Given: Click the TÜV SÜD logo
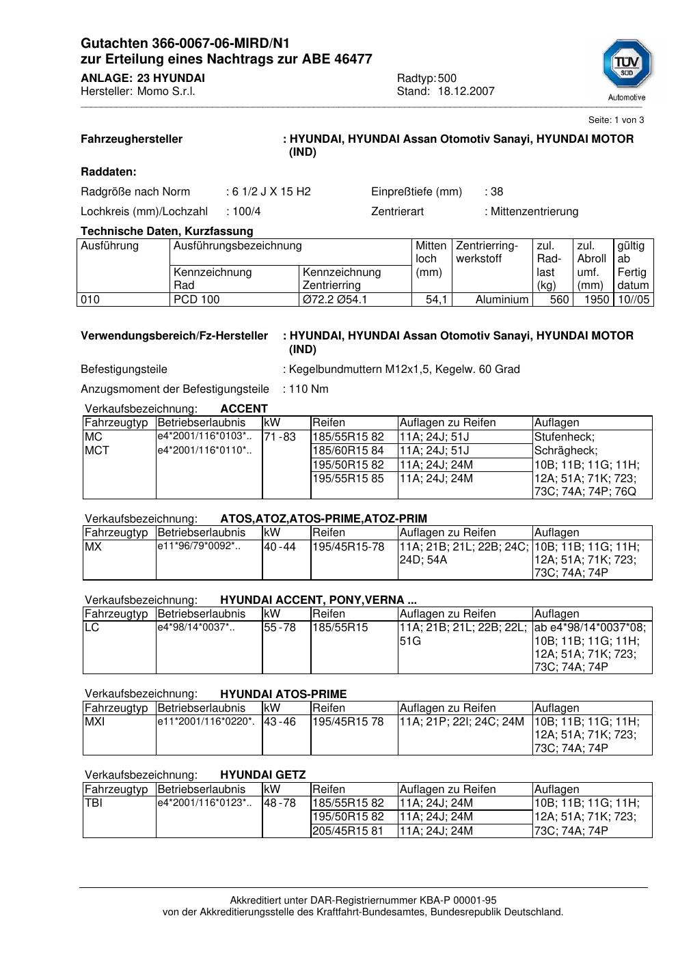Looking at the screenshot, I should [627, 67].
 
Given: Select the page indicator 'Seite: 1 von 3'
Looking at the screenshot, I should [616, 120].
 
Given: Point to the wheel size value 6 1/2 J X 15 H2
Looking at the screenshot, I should [271, 192].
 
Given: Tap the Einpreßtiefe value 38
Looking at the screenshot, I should [497, 192].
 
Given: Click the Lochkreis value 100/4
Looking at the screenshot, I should [246, 212].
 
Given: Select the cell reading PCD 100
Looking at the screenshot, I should [197, 300].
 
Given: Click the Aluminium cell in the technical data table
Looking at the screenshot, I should [502, 300].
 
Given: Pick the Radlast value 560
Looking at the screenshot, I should [559, 300].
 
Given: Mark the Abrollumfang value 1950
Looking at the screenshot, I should [597, 300].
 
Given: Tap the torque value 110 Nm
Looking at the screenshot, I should [309, 389].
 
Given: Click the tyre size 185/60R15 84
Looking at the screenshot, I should [349, 451].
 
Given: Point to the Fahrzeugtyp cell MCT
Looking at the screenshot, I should [97, 451].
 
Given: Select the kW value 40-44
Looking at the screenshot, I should [280, 547].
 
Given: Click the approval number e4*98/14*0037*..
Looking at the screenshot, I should [195, 628].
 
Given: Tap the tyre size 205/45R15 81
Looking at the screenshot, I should [349, 831].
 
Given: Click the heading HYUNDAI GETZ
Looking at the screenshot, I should [262, 775].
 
